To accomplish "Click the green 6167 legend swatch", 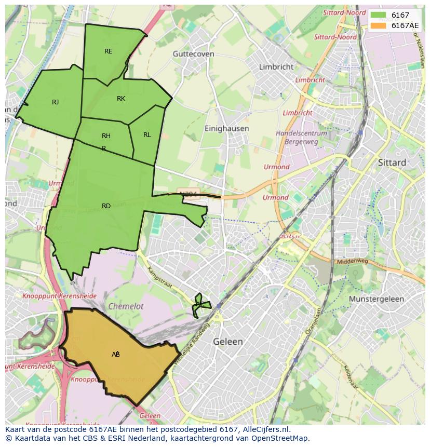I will [x=379, y=15].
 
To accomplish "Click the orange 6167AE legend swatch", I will [x=379, y=25].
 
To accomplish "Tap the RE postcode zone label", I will [x=108, y=51].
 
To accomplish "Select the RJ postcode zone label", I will [x=55, y=102].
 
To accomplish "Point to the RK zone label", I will [x=121, y=99].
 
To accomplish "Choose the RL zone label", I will [x=147, y=135].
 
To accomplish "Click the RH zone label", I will [x=106, y=136].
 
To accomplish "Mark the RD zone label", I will [x=106, y=206].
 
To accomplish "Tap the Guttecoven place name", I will [x=193, y=53].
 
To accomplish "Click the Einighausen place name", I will [x=226, y=128].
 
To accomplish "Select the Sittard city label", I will [x=392, y=162].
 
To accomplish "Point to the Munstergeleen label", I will [x=376, y=300].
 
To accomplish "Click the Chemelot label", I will [x=126, y=306].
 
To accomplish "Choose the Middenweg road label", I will [x=352, y=262].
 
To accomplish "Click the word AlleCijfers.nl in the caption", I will [x=266, y=429].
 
